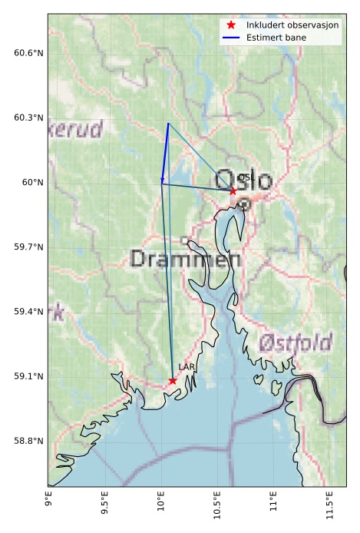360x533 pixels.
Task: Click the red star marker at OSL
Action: click(233, 190)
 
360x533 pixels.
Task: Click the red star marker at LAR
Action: click(173, 381)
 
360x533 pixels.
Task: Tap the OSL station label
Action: click(246, 177)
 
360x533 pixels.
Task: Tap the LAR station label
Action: click(187, 368)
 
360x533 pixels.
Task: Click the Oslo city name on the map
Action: click(244, 181)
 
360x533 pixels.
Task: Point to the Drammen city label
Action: click(185, 259)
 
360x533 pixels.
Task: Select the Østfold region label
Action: click(295, 343)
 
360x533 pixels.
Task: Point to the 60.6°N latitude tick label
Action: click(25, 53)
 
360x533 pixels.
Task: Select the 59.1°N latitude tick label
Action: click(25, 376)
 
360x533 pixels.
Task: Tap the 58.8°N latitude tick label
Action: click(25, 441)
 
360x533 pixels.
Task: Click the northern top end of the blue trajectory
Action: click(168, 123)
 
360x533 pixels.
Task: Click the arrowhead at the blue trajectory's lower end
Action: click(162, 180)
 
